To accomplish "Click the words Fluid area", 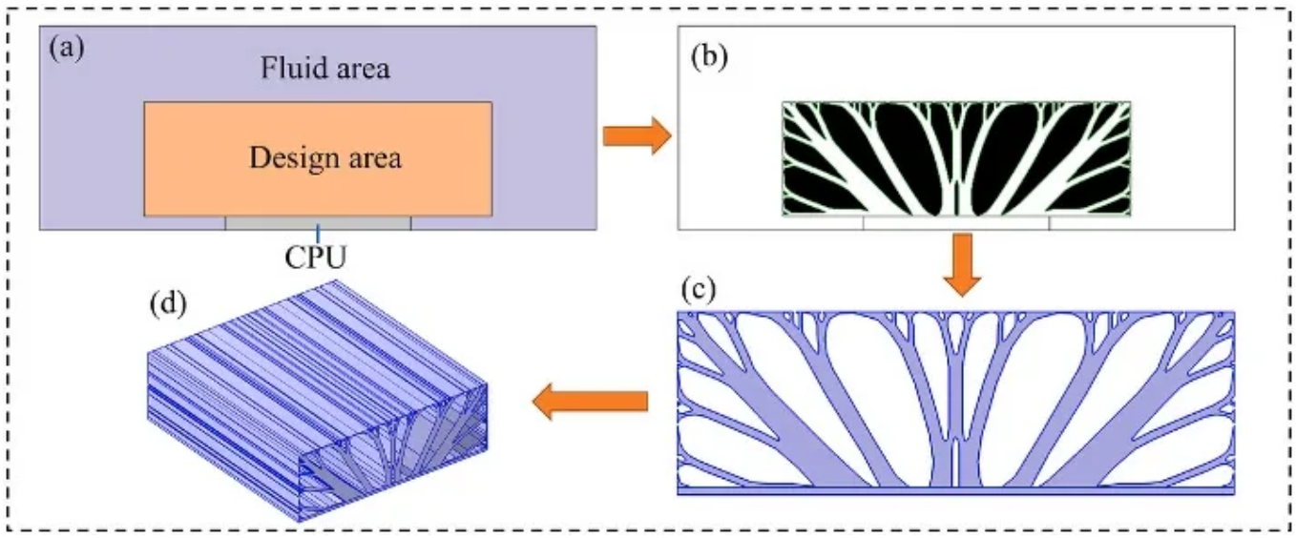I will [x=324, y=69].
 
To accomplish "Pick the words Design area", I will [x=324, y=156].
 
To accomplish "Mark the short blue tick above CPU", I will [x=319, y=232].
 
